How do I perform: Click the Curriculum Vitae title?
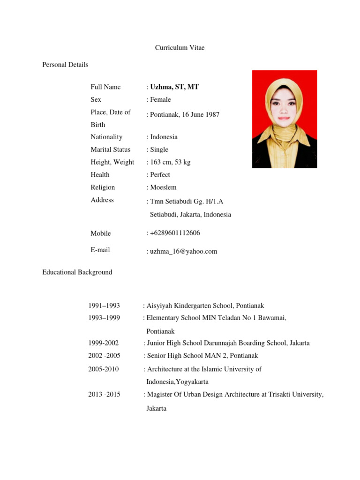coord(180,48)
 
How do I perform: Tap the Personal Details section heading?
coord(65,65)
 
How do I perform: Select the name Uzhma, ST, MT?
coord(174,87)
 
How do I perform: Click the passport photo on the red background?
coord(285,119)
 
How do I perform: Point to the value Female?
coord(160,99)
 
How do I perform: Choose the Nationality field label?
coord(106,137)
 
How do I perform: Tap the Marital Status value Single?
coord(159,150)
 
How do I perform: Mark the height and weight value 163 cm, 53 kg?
coord(170,162)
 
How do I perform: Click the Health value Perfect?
coord(160,174)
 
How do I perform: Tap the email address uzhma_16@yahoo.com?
coord(183,251)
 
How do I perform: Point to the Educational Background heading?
coord(77,272)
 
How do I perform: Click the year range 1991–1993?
coord(104,306)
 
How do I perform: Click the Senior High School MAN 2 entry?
coord(202,356)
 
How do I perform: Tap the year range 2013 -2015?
coord(104,394)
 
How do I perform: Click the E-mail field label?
coord(100,250)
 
